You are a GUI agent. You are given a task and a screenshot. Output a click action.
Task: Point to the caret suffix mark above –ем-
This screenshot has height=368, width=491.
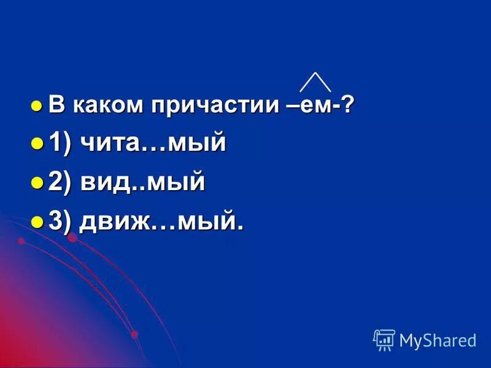coord(315,82)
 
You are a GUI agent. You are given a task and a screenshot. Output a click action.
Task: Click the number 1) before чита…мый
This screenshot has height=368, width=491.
coord(60,144)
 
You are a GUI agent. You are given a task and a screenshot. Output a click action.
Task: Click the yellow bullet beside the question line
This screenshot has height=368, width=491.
coord(36,105)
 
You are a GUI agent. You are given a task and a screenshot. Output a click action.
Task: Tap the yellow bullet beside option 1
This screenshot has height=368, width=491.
coord(37,145)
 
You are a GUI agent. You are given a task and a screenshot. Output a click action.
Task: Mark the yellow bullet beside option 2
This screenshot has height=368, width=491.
coord(37,183)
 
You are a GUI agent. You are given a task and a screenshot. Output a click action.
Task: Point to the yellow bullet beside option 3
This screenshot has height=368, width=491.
coord(37,222)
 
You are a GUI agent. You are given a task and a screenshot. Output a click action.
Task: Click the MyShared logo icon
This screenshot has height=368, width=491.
coord(384,340)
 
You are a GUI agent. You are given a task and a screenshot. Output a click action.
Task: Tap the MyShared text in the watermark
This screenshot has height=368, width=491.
coord(438,340)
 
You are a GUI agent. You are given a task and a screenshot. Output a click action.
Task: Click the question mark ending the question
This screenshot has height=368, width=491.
coord(348,105)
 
